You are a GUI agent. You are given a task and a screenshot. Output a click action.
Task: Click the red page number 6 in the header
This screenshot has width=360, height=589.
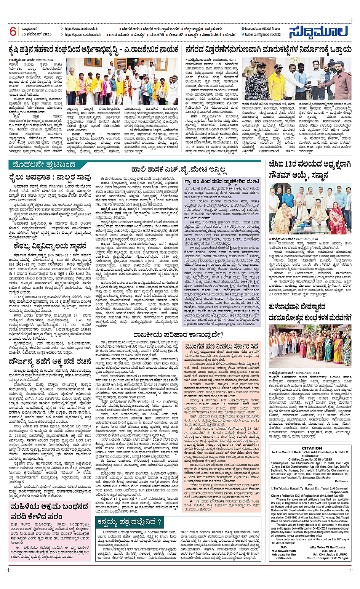(13, 31)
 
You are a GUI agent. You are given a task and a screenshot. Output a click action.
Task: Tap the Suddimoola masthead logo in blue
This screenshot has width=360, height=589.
(318, 32)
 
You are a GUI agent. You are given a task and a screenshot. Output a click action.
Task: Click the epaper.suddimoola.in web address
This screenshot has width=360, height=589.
(83, 35)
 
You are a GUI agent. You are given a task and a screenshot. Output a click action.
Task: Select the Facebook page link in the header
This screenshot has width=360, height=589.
(262, 29)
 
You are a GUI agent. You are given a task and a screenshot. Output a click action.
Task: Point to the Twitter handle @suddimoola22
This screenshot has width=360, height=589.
(263, 35)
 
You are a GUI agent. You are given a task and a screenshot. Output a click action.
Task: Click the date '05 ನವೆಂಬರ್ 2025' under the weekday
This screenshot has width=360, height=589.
(37, 34)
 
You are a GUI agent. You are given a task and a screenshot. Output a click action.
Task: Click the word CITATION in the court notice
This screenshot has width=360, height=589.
(312, 448)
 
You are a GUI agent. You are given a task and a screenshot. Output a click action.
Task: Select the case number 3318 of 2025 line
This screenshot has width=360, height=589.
(312, 459)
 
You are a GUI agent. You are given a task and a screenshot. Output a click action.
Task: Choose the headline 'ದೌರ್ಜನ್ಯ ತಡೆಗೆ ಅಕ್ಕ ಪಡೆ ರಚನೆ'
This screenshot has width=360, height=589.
(50, 362)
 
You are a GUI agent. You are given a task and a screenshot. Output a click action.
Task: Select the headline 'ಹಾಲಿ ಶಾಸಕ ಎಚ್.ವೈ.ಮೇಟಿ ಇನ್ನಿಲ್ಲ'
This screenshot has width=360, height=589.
(179, 169)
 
